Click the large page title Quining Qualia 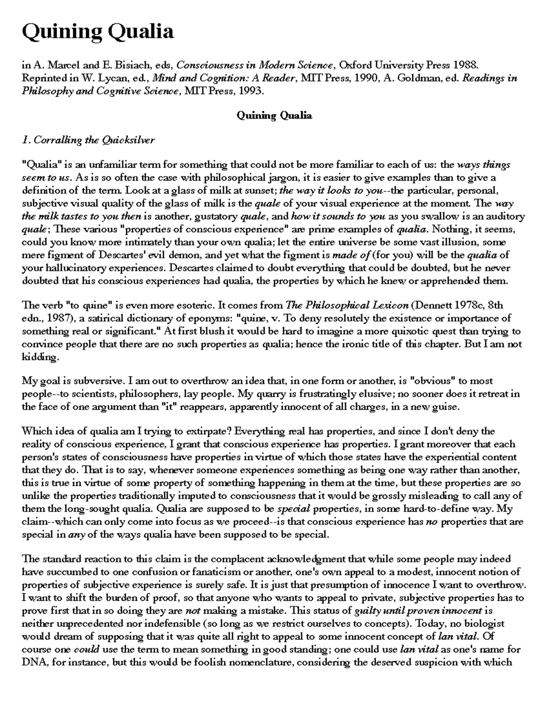click(x=98, y=32)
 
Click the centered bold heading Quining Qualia click(x=274, y=116)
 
